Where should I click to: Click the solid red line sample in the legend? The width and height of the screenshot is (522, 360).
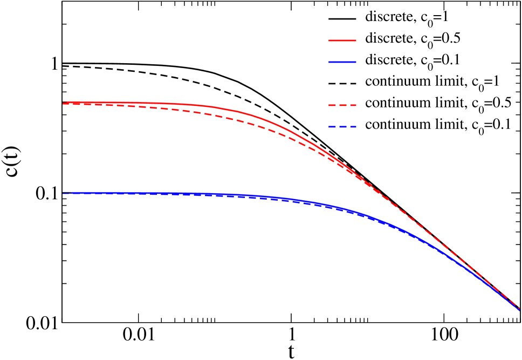(x=342, y=40)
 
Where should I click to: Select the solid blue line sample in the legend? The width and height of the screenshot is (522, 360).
(x=342, y=62)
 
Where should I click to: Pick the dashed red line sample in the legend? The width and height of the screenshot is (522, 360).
(x=342, y=105)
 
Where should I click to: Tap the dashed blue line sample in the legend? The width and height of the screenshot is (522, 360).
(x=342, y=127)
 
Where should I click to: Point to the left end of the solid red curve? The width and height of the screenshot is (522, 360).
(x=63, y=103)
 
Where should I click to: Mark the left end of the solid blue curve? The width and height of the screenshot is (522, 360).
(x=63, y=193)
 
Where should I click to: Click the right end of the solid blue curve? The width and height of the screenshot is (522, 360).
(x=519, y=310)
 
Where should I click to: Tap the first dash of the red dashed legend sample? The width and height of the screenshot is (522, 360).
(x=333, y=105)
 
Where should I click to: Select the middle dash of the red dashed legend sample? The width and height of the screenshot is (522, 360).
(x=342, y=105)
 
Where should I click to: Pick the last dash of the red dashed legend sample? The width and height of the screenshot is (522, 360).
(x=353, y=105)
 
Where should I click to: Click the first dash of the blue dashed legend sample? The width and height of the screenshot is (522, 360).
(x=333, y=127)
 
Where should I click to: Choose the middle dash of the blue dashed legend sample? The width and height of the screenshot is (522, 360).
(x=342, y=127)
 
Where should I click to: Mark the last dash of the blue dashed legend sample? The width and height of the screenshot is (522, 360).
(x=353, y=127)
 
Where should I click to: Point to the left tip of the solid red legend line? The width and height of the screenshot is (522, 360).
(x=329, y=40)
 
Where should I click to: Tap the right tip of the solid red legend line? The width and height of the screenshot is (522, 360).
(x=356, y=40)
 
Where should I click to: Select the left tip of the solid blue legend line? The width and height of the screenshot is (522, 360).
(x=329, y=62)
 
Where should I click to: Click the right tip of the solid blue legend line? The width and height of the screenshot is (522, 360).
(x=356, y=62)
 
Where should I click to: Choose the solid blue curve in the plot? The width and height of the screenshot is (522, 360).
(x=270, y=196)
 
